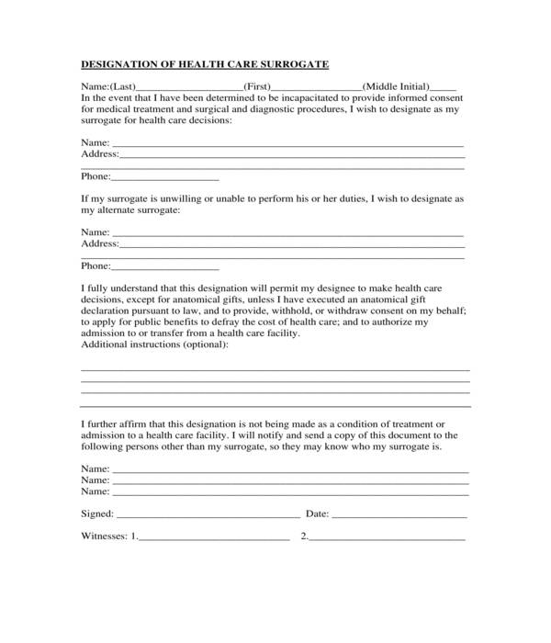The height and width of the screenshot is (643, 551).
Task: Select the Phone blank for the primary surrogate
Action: [164, 177]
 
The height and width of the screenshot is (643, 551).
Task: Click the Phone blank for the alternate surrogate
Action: [164, 267]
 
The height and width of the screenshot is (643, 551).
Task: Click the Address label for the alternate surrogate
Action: [99, 244]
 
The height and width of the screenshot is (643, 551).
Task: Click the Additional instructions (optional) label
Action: [155, 344]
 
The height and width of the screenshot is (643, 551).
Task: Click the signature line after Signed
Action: [208, 514]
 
